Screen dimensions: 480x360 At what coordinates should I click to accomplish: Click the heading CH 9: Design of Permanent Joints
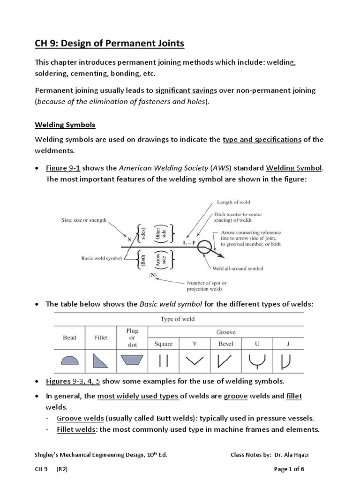coord(110,44)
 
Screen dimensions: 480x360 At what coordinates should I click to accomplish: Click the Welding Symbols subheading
coord(65,125)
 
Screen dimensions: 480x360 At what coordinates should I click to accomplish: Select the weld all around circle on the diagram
coord(204,246)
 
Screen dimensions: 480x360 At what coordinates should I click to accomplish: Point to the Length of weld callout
coord(233,202)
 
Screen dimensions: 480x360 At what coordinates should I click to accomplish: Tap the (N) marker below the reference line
coord(153,275)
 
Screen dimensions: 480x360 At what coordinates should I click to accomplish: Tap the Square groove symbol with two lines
coord(164,360)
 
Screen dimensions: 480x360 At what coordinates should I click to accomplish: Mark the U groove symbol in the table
coord(256,360)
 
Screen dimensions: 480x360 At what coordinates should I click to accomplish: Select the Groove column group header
coord(225,332)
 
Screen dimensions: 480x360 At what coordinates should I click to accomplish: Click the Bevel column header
coord(225,344)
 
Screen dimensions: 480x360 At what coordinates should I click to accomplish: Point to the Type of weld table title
coord(178,319)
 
